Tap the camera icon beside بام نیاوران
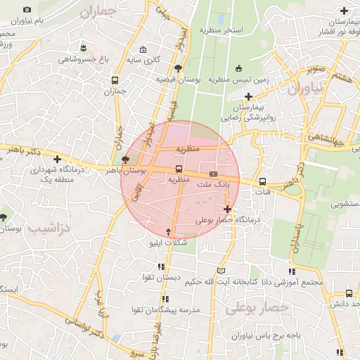pos(27,10)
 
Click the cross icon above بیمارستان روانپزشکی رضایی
pos(230,95)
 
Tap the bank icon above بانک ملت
pos(213,173)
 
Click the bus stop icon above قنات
pos(262,180)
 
